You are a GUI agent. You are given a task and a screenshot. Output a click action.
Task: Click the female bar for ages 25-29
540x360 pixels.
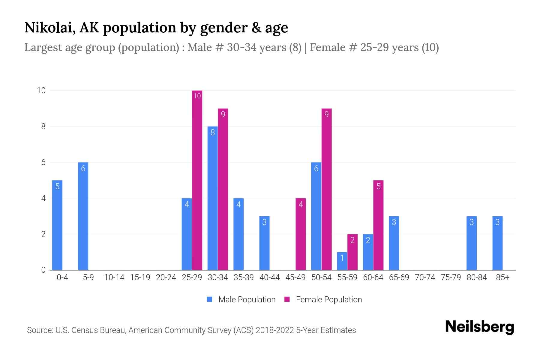point(197,180)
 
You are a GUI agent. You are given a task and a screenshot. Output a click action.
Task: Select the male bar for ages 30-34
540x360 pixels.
point(212,198)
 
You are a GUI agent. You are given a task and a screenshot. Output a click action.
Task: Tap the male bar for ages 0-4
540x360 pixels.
point(57,225)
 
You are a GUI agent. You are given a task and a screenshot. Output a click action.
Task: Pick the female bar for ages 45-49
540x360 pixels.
point(301,234)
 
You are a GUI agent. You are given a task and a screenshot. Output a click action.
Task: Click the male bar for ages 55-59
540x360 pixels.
point(342,261)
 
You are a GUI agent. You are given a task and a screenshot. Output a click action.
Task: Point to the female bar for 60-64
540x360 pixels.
point(378,225)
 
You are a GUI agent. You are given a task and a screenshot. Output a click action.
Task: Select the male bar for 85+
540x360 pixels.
point(497,243)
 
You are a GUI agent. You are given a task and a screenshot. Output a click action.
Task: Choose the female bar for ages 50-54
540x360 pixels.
point(326,189)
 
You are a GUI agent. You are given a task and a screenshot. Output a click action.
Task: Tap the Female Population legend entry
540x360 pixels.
point(323,299)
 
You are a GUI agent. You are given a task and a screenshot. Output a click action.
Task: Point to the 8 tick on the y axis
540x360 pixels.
point(43,127)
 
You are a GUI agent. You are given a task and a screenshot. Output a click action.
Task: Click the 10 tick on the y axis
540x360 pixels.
point(41,91)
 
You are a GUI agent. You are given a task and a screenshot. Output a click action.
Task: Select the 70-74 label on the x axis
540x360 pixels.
point(425,277)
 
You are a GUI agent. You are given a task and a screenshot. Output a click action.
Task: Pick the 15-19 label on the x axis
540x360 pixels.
point(140,277)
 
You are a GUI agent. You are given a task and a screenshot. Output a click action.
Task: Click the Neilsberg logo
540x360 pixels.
point(479,327)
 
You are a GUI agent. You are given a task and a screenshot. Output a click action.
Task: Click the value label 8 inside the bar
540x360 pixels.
point(212,133)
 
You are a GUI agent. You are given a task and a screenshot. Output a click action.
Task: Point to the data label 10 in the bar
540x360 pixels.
point(197,96)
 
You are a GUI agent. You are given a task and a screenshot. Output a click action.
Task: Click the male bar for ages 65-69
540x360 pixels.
point(394,243)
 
